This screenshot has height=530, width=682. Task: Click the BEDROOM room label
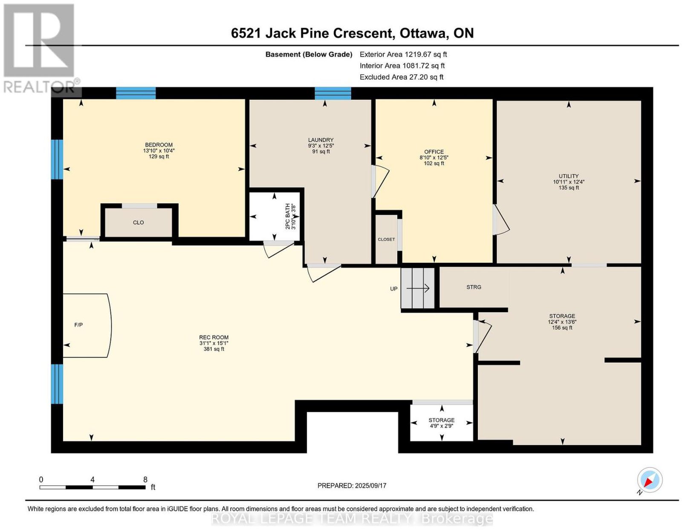pyautogui.click(x=159, y=145)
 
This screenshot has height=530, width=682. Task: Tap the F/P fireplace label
pyautogui.click(x=78, y=325)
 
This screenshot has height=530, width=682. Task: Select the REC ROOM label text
pyautogui.click(x=214, y=337)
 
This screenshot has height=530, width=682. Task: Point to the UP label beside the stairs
pyautogui.click(x=393, y=289)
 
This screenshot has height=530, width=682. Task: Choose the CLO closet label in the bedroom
pyautogui.click(x=139, y=223)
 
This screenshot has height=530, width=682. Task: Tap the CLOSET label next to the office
pyautogui.click(x=386, y=239)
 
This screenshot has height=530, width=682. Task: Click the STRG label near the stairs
pyautogui.click(x=474, y=287)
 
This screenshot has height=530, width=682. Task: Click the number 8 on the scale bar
pyautogui.click(x=145, y=480)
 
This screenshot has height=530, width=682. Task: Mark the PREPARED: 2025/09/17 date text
pyautogui.click(x=352, y=485)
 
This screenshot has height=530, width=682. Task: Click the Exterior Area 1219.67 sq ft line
pyautogui.click(x=403, y=54)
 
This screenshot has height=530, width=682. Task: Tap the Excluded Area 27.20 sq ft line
pyautogui.click(x=402, y=77)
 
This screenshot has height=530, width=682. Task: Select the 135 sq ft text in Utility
pyautogui.click(x=568, y=188)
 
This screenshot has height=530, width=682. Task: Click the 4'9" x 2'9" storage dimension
pyautogui.click(x=442, y=426)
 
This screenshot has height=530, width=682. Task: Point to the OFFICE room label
pyautogui.click(x=434, y=151)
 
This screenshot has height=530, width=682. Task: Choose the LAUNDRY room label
pyautogui.click(x=321, y=139)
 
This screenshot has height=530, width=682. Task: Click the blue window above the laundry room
pyautogui.click(x=332, y=93)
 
